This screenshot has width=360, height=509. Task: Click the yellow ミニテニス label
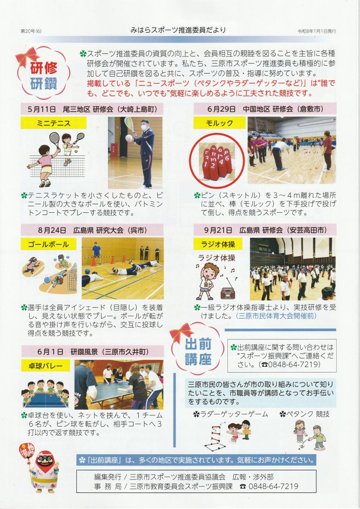tap(54, 123)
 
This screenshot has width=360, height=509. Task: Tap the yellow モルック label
tap(220, 123)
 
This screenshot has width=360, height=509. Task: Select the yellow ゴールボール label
tap(48, 244)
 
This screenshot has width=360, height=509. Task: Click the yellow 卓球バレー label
tap(45, 366)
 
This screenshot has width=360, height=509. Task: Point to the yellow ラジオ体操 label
tap(218, 244)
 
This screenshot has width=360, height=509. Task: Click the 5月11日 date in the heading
tap(42, 109)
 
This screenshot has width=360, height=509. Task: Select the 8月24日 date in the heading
tap(52, 230)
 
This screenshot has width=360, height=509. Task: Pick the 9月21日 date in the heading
tap(218, 230)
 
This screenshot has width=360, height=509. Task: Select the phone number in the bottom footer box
tap(273, 486)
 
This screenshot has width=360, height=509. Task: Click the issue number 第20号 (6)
tap(31, 31)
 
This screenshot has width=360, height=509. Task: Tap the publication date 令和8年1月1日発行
tap(317, 31)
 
